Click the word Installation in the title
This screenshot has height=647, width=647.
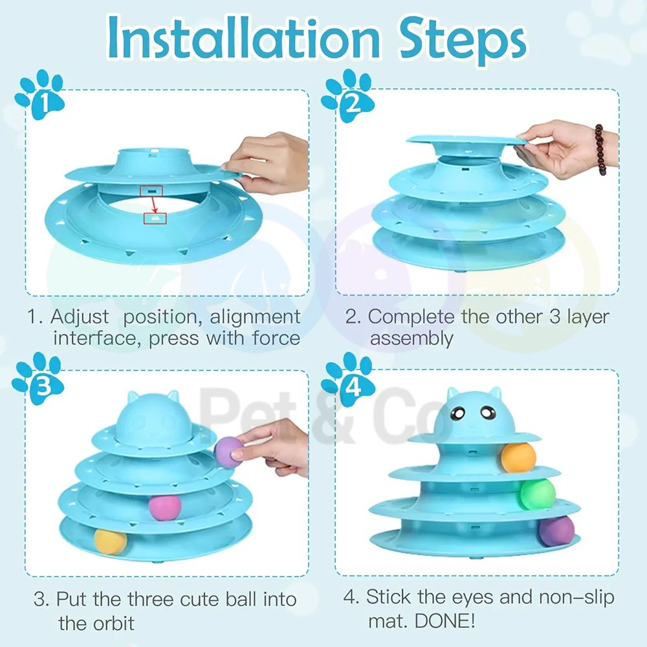[x=243, y=38]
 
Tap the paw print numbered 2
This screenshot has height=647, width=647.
[x=347, y=96]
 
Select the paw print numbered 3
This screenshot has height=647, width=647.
[x=38, y=378]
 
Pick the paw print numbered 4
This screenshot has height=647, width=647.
[x=347, y=378]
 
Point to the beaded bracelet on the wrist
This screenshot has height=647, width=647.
[x=600, y=149]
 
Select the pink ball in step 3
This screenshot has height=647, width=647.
[x=164, y=507]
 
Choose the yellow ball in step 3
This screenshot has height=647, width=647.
[x=110, y=542]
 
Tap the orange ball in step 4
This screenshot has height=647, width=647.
[x=518, y=457]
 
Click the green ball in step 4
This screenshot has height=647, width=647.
[x=538, y=494]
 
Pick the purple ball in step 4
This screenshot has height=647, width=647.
[x=556, y=531]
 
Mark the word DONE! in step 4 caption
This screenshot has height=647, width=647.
[x=445, y=620]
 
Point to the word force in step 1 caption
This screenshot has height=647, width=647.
[x=276, y=338]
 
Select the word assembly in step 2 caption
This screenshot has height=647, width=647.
[x=411, y=339]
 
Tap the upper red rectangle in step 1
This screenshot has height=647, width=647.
[x=151, y=191]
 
